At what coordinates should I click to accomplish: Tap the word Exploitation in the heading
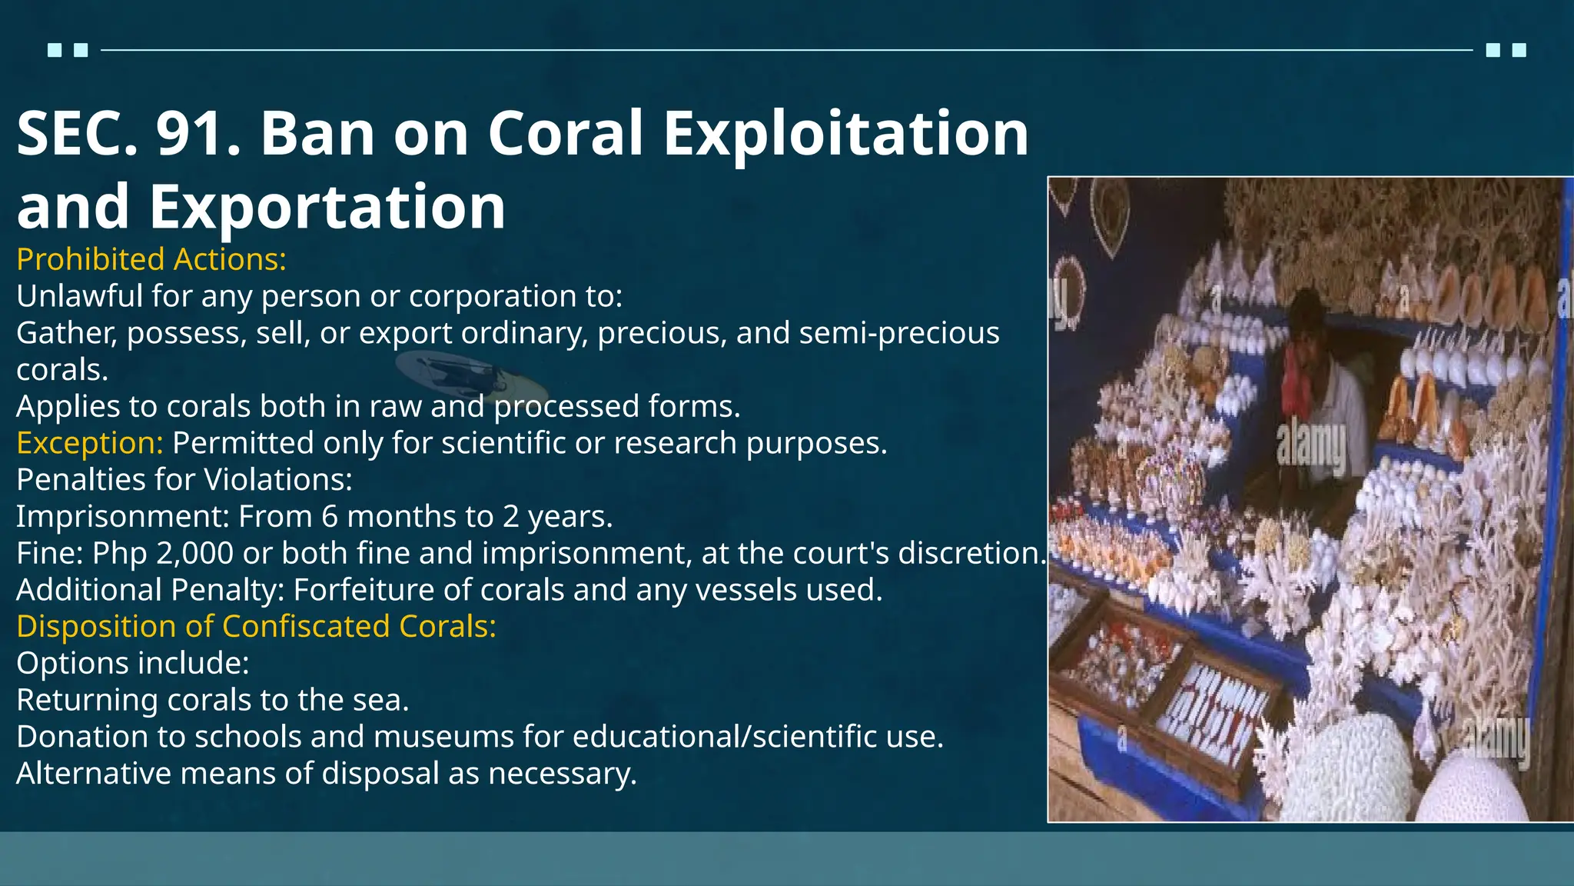tap(845, 134)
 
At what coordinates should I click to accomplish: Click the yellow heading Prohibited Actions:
tap(151, 260)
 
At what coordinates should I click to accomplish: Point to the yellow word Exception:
tap(90, 443)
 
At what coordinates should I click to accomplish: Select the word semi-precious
tap(899, 333)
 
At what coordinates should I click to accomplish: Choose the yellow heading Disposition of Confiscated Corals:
tap(257, 627)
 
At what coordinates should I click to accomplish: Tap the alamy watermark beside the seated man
tap(1311, 446)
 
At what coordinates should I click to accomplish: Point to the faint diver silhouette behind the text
tap(469, 377)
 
